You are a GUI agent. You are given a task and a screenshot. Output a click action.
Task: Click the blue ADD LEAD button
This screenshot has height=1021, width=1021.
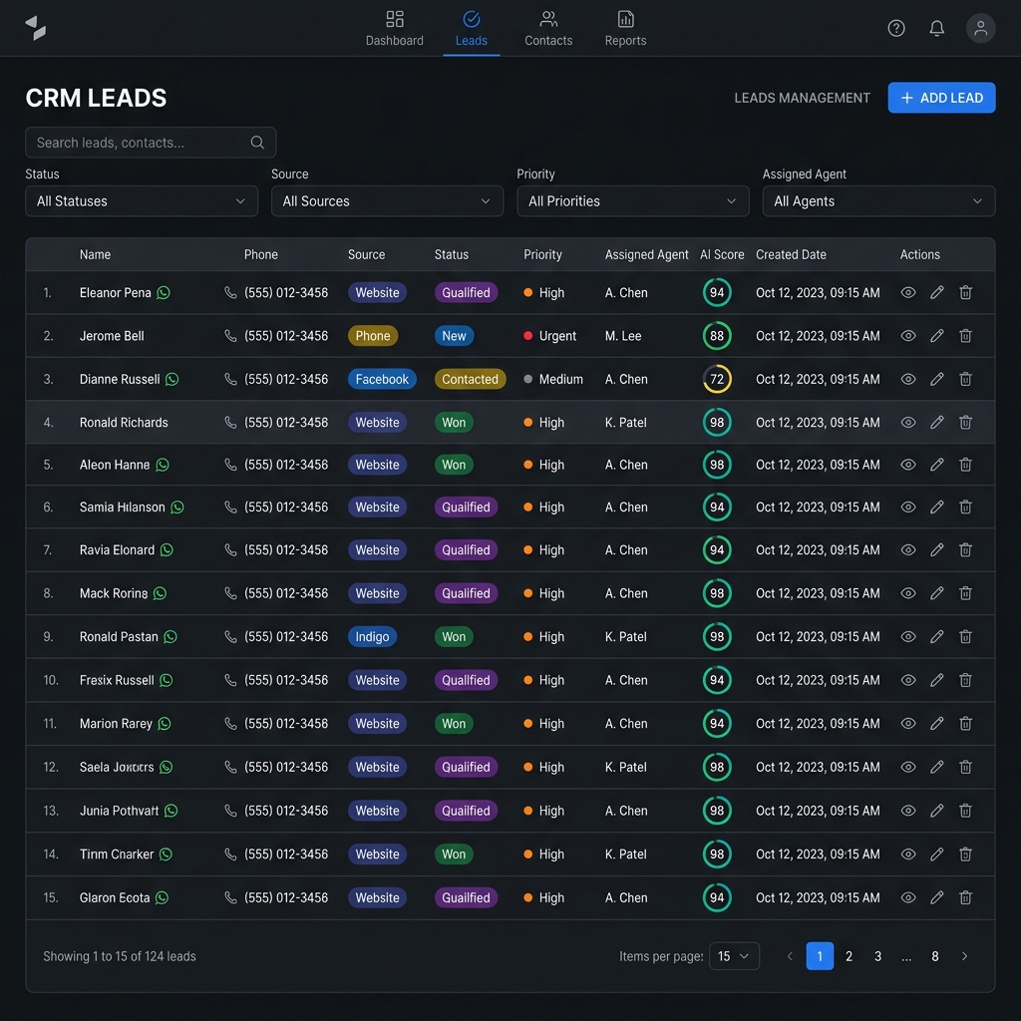[x=941, y=98]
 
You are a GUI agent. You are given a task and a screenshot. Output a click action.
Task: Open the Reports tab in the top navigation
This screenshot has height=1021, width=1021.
[x=625, y=29]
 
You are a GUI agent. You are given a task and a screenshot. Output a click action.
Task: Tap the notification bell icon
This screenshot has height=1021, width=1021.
[x=936, y=29]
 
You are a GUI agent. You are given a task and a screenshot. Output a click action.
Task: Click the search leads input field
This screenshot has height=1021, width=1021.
[x=151, y=143]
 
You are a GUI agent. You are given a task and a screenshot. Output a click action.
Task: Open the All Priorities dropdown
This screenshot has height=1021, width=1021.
[x=632, y=201]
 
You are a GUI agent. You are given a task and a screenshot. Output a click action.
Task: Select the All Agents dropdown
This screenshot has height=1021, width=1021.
[x=878, y=201]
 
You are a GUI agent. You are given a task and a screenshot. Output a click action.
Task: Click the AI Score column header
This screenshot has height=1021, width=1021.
[x=722, y=254]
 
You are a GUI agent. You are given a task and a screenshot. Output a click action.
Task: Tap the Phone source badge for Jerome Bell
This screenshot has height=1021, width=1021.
[x=373, y=336]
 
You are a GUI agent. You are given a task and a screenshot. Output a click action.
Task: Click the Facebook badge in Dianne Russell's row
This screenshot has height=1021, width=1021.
[x=382, y=379]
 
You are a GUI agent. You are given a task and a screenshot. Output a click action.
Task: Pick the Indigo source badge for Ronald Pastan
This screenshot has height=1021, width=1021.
[x=372, y=637]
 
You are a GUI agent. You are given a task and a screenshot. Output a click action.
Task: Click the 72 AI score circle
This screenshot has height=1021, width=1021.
[x=717, y=379]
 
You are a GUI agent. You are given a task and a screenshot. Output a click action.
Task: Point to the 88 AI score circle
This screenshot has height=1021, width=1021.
[x=717, y=336]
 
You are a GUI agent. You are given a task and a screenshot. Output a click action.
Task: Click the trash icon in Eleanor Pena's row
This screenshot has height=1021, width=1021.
[x=965, y=292]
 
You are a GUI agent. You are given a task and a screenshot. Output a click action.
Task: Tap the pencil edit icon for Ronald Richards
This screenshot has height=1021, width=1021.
[x=937, y=422]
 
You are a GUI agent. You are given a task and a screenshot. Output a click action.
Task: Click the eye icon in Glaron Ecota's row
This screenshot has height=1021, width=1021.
[x=908, y=897]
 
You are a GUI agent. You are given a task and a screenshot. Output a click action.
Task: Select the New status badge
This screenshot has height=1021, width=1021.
[x=454, y=336]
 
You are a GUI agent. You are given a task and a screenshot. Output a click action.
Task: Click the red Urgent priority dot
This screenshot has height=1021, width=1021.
[x=528, y=336]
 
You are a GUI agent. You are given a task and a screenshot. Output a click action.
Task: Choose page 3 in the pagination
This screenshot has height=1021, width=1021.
[x=877, y=956]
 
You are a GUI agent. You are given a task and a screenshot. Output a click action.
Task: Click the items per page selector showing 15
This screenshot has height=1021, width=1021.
[x=734, y=956]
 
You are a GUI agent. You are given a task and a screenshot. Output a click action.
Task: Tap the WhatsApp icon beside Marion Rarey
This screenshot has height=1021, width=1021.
[x=165, y=724]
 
